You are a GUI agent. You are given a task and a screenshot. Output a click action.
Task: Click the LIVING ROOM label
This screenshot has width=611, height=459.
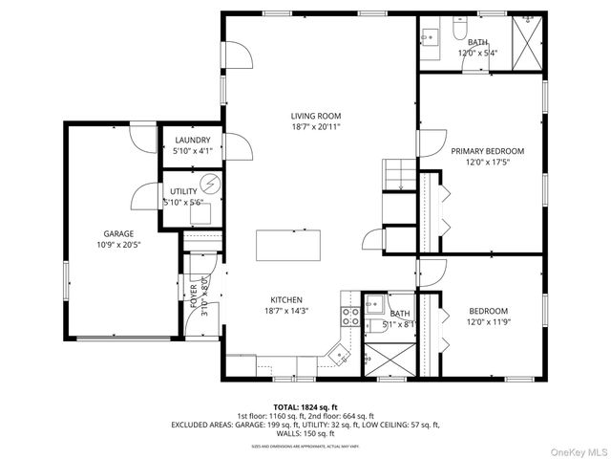pos(315,116)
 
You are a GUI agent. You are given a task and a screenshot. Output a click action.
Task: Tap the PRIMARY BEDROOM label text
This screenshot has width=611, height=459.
pos(487,150)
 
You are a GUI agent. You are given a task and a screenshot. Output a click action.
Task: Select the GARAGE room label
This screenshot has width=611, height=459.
pos(118,233)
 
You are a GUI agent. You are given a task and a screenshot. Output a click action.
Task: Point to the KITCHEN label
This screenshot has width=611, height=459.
pos(285,299)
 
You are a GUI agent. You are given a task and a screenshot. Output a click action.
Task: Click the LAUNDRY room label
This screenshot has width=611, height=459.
pos(192,140)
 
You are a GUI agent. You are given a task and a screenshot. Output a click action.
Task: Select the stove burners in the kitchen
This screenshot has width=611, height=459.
pos(350,317)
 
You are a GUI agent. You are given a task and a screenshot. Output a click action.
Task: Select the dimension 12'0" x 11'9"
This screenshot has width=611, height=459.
pos(487,322)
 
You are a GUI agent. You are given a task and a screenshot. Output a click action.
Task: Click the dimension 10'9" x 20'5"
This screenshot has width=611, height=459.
pos(118,245)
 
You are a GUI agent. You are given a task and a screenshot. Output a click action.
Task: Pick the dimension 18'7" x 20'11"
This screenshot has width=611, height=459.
pos(315,126)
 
